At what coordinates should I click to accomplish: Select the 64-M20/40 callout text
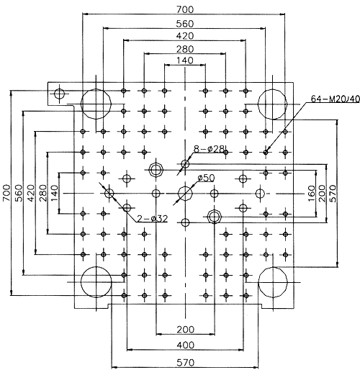[x=336, y=99]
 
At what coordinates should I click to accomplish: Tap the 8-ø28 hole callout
[x=209, y=149]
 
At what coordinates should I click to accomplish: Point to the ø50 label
[x=206, y=179]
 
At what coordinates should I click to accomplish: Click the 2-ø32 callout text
[x=153, y=219]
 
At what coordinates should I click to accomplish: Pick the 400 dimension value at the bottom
[x=185, y=345]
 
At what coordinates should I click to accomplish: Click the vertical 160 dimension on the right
[x=311, y=193]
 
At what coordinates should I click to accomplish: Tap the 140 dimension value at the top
[x=185, y=60]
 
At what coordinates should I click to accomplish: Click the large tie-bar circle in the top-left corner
[x=96, y=104]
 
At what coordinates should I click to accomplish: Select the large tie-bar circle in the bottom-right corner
[x=273, y=282]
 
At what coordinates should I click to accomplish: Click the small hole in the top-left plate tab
[x=59, y=94]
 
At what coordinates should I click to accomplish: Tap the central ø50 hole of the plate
[x=185, y=194]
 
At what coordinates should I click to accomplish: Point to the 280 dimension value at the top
[x=185, y=49]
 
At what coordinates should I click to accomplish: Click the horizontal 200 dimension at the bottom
[x=185, y=330]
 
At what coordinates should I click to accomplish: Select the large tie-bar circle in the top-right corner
[x=273, y=104]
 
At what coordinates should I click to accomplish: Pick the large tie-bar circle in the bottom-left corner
[x=96, y=282]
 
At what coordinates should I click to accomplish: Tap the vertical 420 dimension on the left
[x=31, y=193]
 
